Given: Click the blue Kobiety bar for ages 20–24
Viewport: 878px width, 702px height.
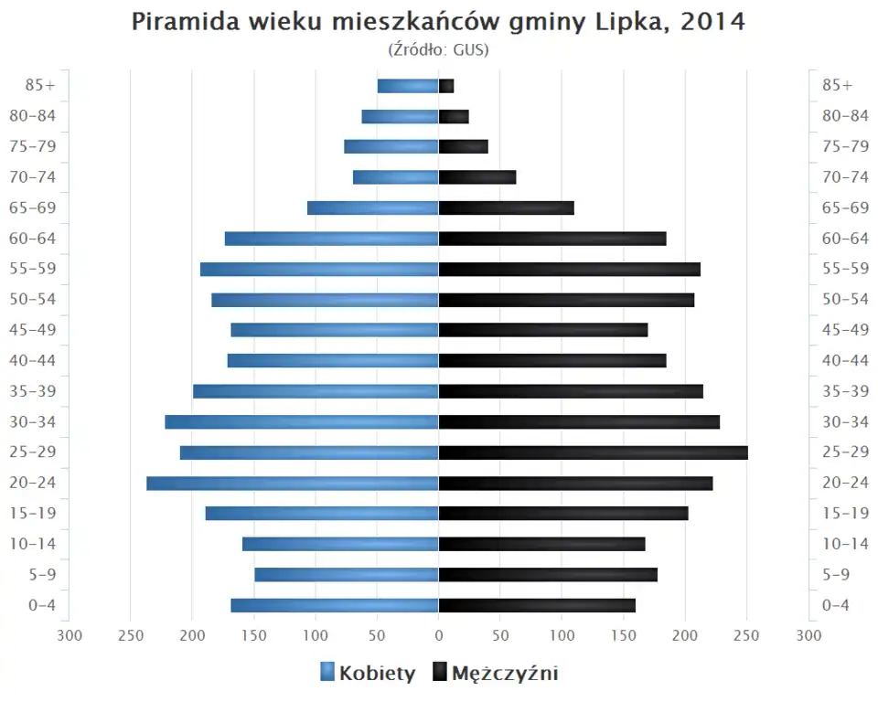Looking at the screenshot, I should click(293, 483).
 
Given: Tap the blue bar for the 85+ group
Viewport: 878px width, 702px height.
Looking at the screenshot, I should click(408, 86).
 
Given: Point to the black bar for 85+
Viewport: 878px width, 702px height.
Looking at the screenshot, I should click(446, 86).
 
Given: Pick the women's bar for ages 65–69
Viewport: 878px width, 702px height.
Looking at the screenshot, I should click(373, 207).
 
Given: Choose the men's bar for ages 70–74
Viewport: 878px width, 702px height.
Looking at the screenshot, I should click(477, 177).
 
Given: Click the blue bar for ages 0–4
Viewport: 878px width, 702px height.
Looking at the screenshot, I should click(335, 605).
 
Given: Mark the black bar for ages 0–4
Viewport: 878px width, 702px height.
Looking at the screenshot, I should click(537, 605).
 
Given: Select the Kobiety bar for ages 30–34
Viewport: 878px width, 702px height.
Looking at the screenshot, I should click(302, 421).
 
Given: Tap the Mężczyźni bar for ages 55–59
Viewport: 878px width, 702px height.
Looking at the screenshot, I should click(569, 269).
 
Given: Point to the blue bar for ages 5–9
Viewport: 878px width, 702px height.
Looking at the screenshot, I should click(347, 574).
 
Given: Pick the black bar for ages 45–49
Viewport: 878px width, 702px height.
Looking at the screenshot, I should click(543, 330).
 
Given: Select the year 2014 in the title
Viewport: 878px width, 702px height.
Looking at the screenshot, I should click(713, 22).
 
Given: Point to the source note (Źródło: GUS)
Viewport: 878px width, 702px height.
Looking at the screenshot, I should click(439, 50).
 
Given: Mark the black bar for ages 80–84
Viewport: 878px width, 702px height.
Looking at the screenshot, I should click(454, 116).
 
